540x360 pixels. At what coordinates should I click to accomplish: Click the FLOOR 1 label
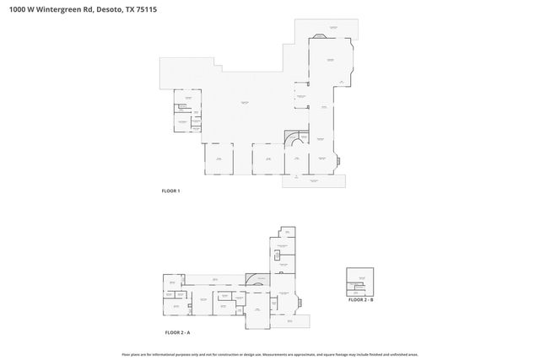click(x=170, y=191)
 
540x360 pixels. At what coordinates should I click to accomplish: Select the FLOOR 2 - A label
click(x=177, y=333)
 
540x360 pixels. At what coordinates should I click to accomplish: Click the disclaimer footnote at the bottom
click(x=269, y=353)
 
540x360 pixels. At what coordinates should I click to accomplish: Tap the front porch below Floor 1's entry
click(x=312, y=180)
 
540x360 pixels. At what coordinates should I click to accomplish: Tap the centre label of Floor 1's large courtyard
click(x=244, y=103)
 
